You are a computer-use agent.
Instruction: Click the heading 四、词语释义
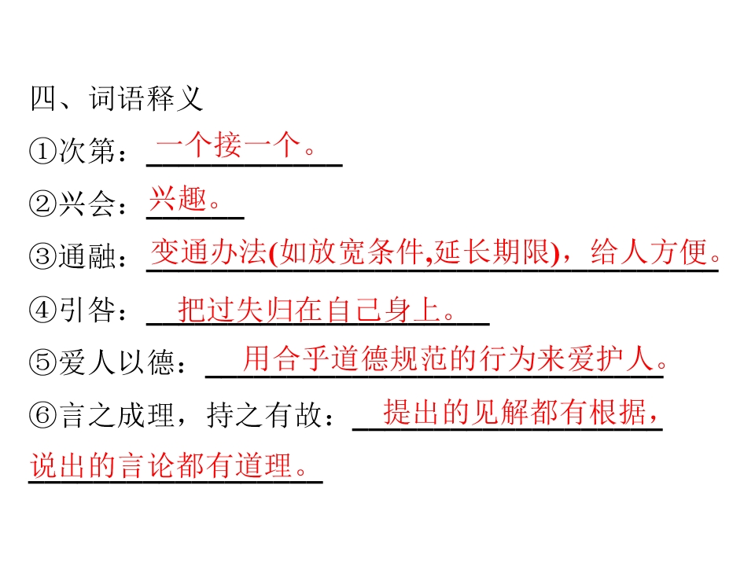click(116, 99)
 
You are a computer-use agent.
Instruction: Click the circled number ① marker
click(42, 151)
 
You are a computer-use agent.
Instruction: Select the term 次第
click(87, 151)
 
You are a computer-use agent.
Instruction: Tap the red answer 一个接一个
click(228, 145)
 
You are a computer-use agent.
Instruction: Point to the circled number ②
click(42, 204)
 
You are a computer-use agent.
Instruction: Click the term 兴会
click(87, 204)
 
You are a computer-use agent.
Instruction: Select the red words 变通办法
click(208, 252)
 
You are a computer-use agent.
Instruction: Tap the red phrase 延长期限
click(491, 252)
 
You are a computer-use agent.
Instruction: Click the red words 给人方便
click(648, 252)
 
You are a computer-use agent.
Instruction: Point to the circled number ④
click(42, 309)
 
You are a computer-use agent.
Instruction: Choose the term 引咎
click(87, 309)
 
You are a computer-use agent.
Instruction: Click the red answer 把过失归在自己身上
click(309, 309)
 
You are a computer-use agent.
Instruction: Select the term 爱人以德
click(116, 362)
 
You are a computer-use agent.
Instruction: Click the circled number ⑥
click(42, 414)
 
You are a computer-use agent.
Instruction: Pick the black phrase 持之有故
click(264, 414)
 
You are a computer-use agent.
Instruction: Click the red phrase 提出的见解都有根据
click(514, 412)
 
